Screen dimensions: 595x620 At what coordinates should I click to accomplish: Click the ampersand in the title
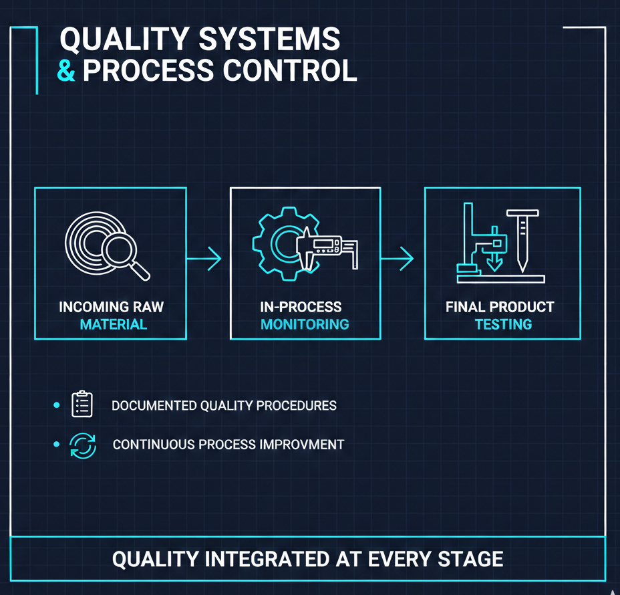[67, 70]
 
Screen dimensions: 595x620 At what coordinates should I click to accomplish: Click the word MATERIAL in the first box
[113, 325]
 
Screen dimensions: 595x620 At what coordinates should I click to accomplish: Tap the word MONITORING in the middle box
[305, 325]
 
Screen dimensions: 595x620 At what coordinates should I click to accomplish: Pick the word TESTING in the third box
[503, 325]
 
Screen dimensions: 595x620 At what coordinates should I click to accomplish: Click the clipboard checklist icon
[82, 404]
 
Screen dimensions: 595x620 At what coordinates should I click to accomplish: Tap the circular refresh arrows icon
[83, 445]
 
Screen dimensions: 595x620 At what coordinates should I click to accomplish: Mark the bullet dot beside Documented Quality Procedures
[57, 405]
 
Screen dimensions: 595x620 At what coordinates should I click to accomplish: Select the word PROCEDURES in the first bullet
[299, 405]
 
